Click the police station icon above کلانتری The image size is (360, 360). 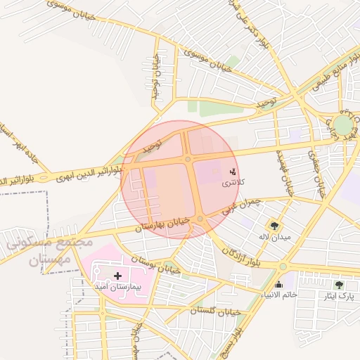pyautogui.click(x=233, y=172)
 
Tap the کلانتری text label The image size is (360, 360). pyautogui.click(x=233, y=183)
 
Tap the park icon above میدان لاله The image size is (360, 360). pyautogui.click(x=273, y=225)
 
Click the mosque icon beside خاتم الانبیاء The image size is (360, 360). pyautogui.click(x=279, y=284)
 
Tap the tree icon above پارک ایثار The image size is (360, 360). pyautogui.click(x=339, y=285)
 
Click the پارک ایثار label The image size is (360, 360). pyautogui.click(x=339, y=296)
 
